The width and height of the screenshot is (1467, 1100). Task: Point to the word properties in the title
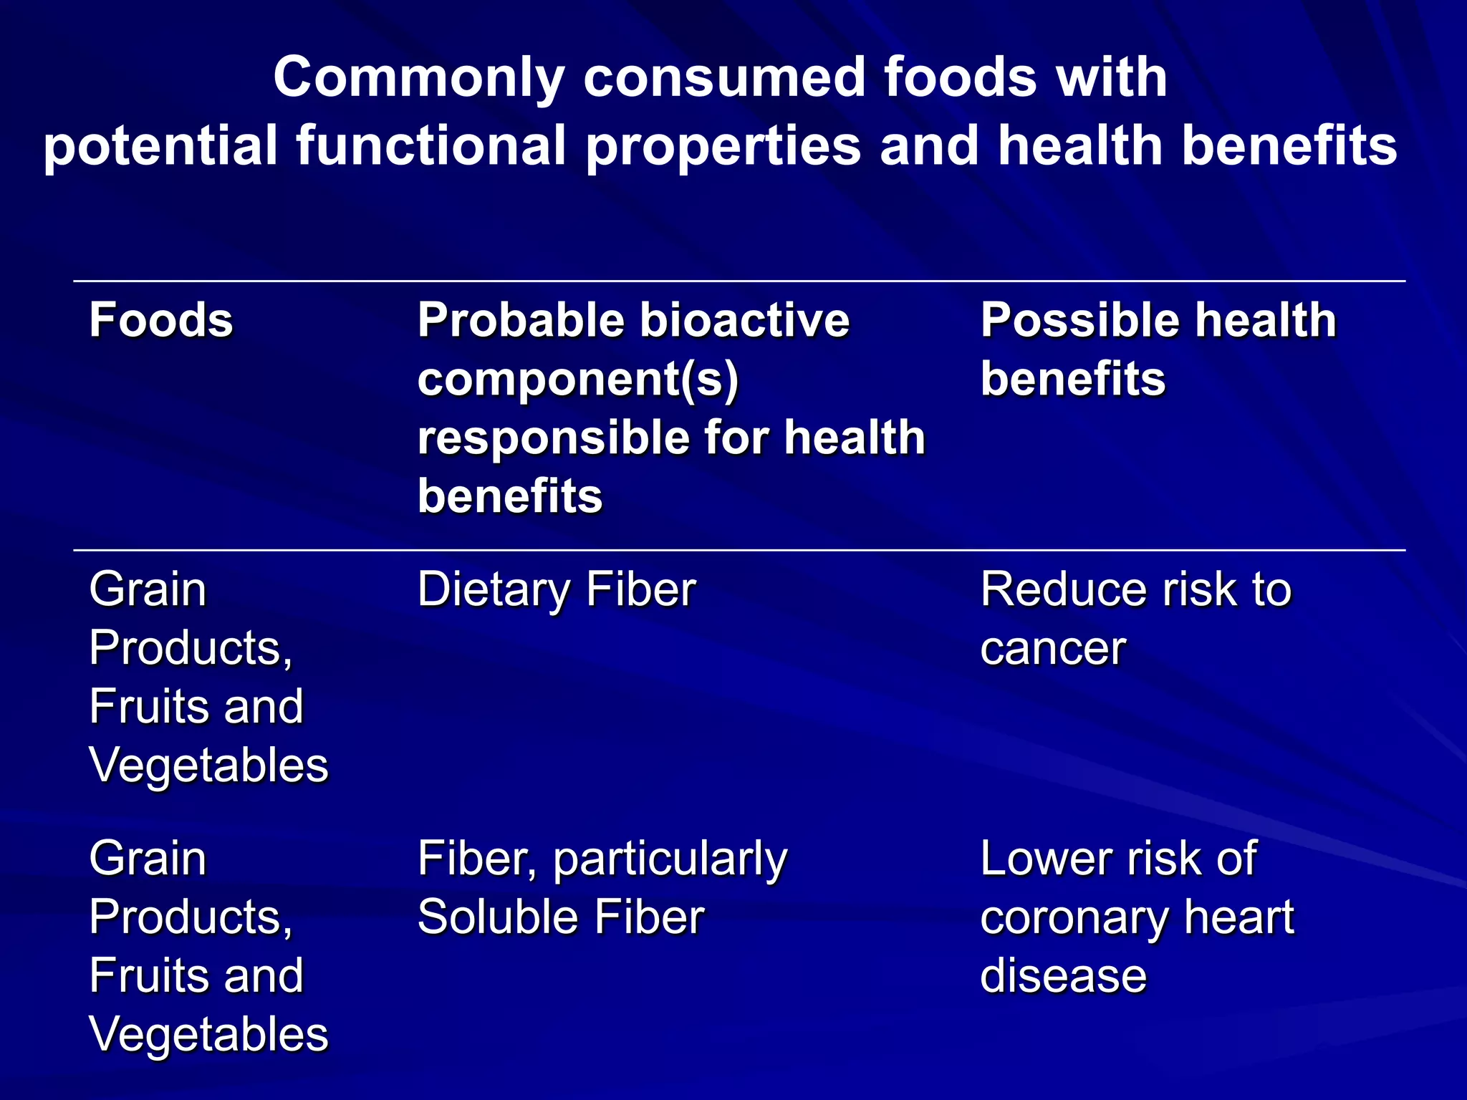pos(723,145)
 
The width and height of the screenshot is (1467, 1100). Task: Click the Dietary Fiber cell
pos(557,589)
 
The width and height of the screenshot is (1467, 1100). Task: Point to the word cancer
pos(1053,648)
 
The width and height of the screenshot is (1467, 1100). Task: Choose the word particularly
pos(670,859)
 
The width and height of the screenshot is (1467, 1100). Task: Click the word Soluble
pos(496,917)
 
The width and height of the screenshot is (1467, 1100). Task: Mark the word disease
pos(1063,976)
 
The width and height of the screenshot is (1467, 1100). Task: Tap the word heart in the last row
pos(1238,917)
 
